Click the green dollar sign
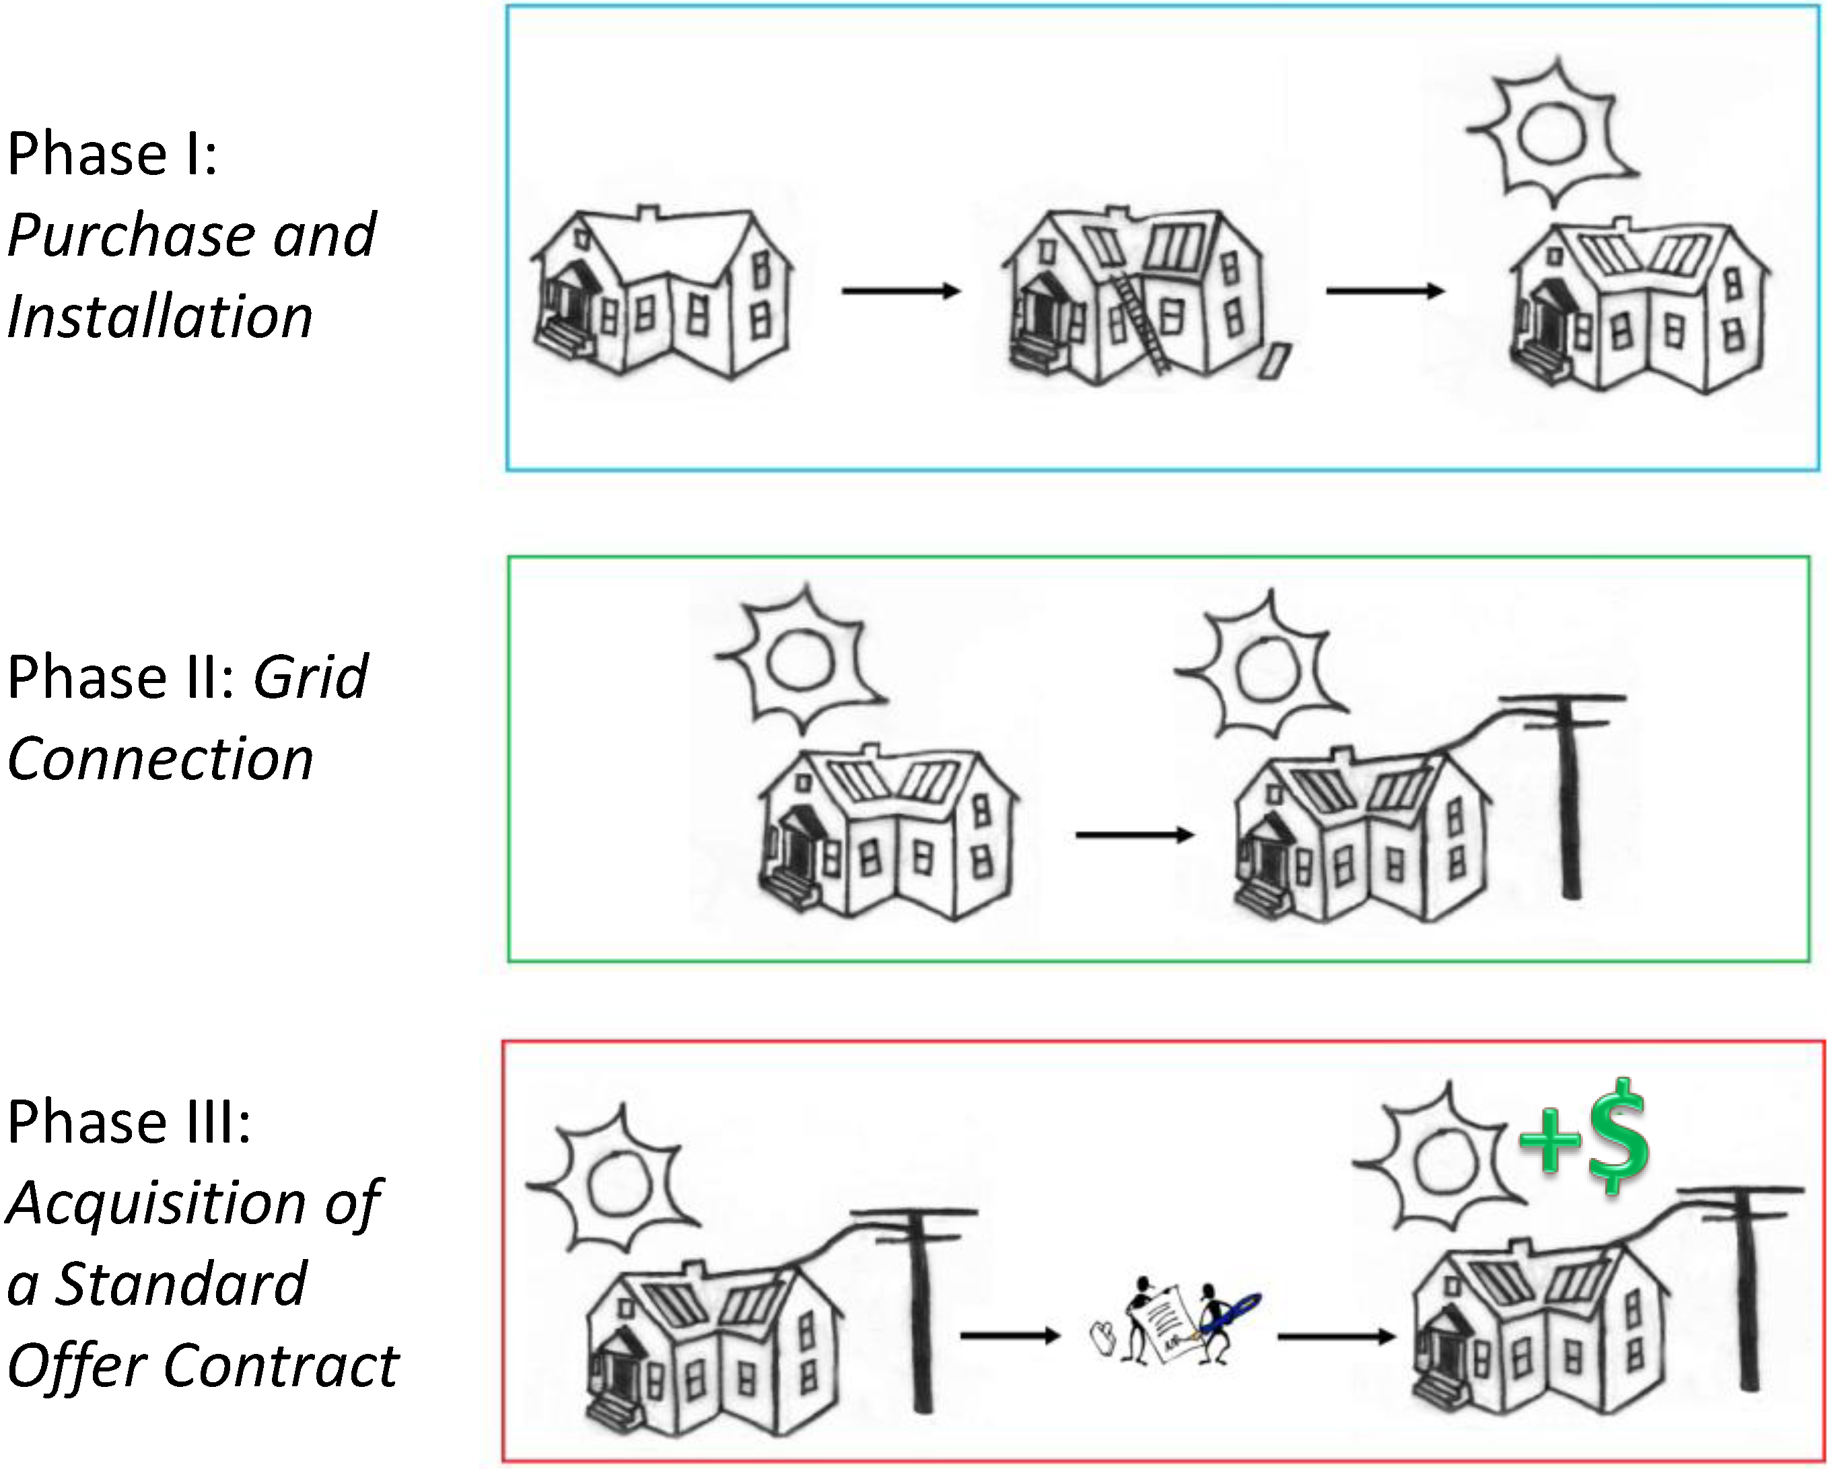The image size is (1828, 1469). point(1618,1136)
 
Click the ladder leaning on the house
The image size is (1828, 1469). point(1139,322)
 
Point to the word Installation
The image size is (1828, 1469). point(160,317)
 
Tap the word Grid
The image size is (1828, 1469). point(310,678)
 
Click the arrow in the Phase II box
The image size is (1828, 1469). point(1133,835)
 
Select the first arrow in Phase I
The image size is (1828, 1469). point(900,291)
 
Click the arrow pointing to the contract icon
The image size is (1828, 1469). point(1009,1336)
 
